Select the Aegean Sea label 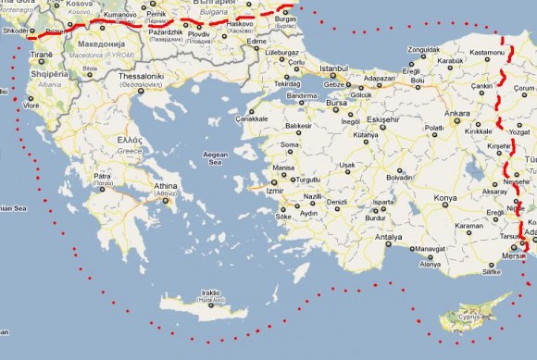215,157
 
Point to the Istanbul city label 332,69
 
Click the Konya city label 445,199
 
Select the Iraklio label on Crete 211,294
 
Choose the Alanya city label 431,265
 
